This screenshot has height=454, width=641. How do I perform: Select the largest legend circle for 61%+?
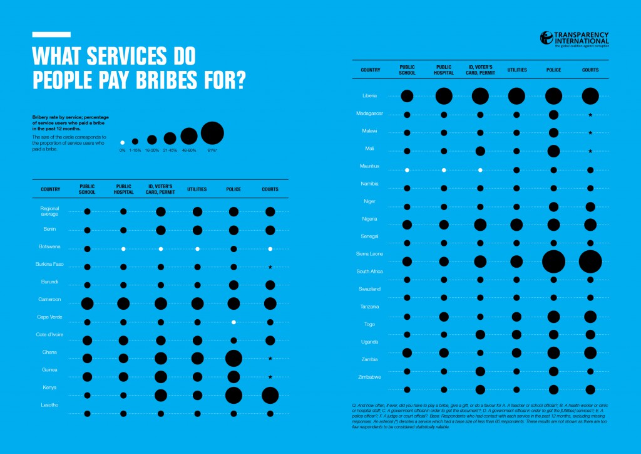[x=212, y=134]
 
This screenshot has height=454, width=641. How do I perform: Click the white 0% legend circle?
[x=123, y=142]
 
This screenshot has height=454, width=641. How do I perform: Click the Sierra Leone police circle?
[x=553, y=261]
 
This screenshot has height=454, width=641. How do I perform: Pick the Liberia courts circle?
[x=590, y=96]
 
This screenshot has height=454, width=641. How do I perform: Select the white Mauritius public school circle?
[x=407, y=170]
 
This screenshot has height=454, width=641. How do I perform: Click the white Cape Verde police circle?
[x=233, y=322]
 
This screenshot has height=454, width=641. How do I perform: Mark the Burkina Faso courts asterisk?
[x=270, y=268]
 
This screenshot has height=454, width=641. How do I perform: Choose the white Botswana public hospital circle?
[x=123, y=249]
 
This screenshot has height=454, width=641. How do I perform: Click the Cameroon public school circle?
[x=87, y=304]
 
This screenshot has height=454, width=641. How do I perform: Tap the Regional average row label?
[x=50, y=211]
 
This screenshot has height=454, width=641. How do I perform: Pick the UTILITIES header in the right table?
[x=516, y=70]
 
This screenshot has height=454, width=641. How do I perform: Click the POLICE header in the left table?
[x=233, y=189]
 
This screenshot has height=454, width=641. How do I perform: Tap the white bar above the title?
[x=51, y=34]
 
